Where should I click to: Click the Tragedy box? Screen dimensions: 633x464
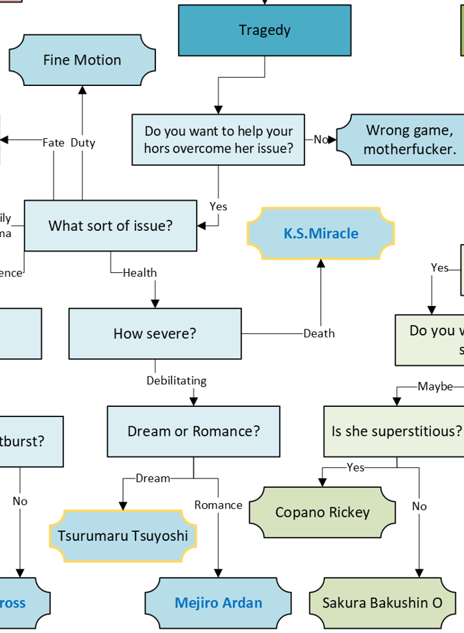(x=265, y=30)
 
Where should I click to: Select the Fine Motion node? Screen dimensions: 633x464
(x=82, y=60)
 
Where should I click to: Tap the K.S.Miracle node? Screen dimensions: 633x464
(x=321, y=234)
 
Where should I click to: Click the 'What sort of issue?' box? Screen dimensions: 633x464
(x=110, y=225)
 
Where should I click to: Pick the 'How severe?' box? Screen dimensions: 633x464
(x=155, y=333)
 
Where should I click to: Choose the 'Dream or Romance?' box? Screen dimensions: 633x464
(x=193, y=432)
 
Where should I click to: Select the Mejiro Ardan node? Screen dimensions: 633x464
(x=218, y=603)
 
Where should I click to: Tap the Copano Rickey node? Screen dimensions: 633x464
(x=322, y=513)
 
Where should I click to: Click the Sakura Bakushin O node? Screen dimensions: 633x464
(x=382, y=603)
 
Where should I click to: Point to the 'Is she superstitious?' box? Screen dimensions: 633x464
(x=396, y=432)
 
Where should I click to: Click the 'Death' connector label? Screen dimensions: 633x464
(x=319, y=333)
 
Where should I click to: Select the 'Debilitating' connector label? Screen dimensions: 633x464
(x=176, y=380)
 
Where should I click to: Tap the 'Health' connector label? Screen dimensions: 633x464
(x=140, y=273)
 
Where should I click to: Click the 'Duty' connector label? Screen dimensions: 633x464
(x=82, y=143)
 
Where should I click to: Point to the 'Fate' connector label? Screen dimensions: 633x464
(x=54, y=143)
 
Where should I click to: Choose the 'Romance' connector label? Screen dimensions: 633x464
(x=218, y=505)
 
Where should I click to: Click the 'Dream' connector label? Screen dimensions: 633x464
(x=153, y=478)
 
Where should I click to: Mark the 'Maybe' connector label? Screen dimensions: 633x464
(x=435, y=386)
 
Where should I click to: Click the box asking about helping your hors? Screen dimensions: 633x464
(x=218, y=140)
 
